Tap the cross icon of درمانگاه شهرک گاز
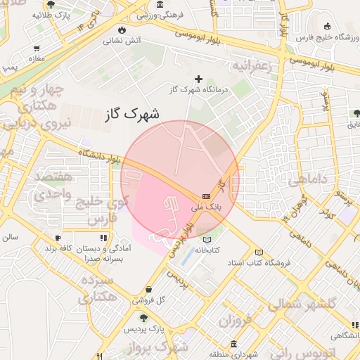pos(199,79)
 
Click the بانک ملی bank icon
pos(206,196)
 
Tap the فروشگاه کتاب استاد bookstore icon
pos(259,252)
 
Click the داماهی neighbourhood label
pos(308,181)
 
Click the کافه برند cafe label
pos(59,250)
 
